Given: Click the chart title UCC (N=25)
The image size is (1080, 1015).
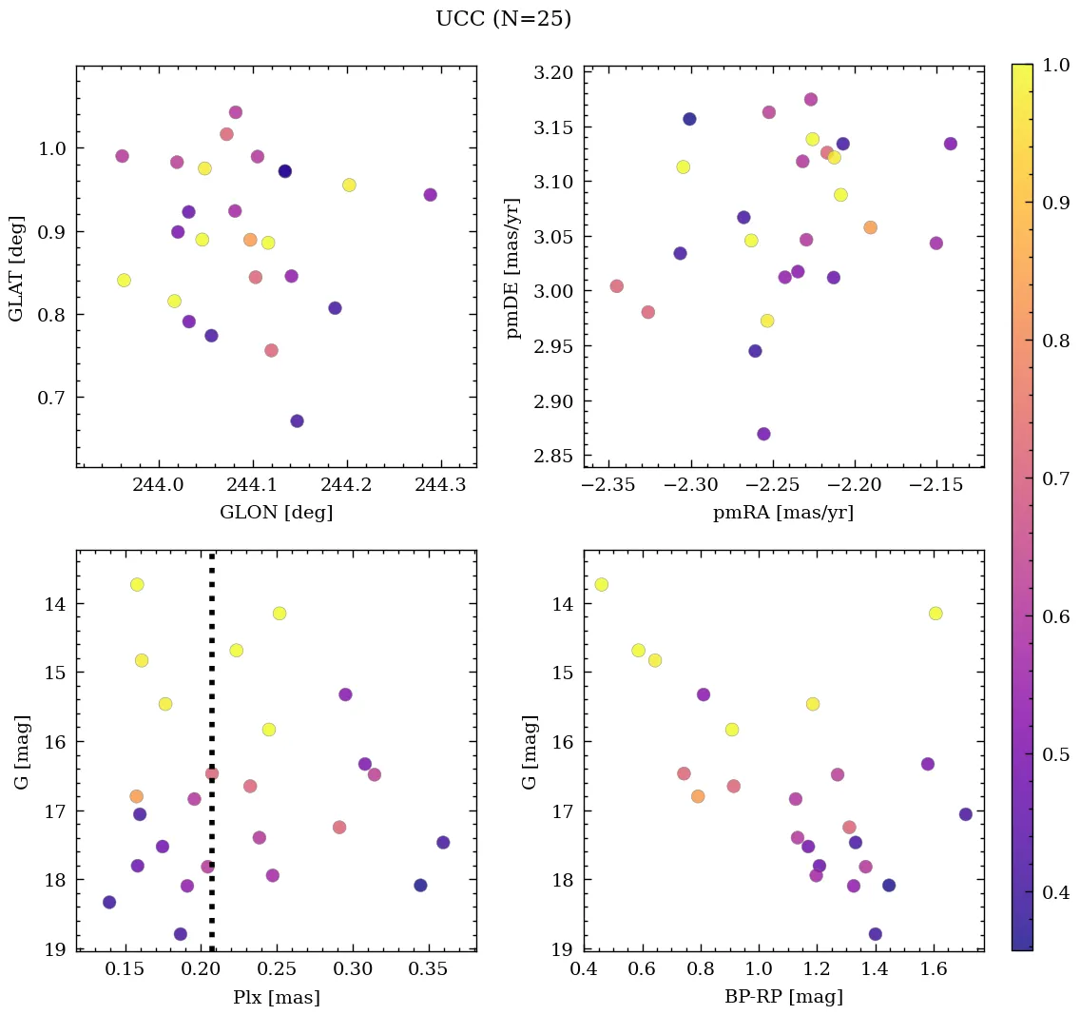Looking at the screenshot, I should (503, 19).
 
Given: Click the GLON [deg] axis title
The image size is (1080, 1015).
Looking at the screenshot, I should (276, 513).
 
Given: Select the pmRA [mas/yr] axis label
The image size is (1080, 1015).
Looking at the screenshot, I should (783, 513).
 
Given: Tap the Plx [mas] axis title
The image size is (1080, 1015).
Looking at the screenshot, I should (276, 997).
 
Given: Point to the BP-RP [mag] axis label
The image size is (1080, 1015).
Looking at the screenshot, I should (783, 997).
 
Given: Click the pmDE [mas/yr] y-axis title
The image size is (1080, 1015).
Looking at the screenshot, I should (514, 266).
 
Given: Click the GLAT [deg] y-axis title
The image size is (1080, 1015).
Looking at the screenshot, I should (17, 266).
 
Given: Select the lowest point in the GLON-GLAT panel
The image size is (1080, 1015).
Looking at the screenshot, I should (297, 420).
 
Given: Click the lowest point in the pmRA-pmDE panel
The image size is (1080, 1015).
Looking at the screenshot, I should (763, 434).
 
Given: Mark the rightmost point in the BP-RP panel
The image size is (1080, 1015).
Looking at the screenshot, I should (966, 813).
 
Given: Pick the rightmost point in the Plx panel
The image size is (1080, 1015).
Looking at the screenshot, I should (443, 842).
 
